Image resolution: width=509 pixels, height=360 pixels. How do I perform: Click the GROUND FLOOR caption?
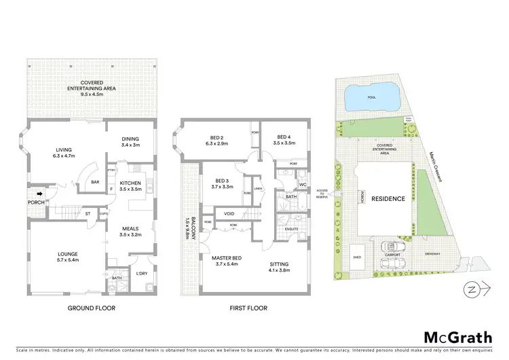click(92, 308)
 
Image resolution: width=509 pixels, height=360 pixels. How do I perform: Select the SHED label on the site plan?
click(357, 258)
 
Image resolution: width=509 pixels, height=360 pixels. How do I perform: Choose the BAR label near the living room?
click(95, 182)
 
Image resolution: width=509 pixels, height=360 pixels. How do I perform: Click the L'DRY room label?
click(141, 274)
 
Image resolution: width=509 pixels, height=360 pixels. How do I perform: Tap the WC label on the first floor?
click(303, 185)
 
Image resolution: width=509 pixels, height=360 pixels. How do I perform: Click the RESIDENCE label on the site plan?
click(388, 199)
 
